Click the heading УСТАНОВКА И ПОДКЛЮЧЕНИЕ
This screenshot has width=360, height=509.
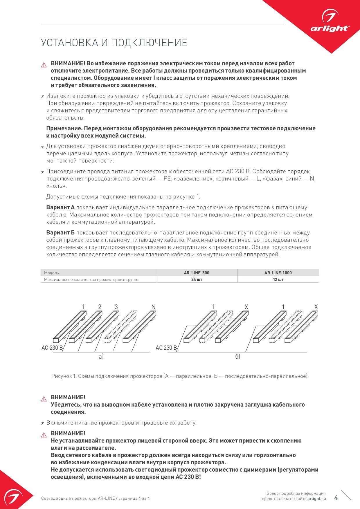114,43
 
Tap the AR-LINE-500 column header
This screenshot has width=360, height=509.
197,273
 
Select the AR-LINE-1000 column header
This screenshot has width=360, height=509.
278,273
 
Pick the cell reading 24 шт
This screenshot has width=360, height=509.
197,279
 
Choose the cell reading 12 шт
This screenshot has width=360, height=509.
278,279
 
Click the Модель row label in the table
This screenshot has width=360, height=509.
51,273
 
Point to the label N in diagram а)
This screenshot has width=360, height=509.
154,307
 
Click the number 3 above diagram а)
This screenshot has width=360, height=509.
116,307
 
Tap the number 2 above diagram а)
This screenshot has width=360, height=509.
100,307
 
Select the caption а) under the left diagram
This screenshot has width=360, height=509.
101,357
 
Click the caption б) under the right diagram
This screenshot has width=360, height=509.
237,357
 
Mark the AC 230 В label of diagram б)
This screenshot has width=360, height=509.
166,348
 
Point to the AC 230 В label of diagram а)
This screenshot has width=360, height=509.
52,348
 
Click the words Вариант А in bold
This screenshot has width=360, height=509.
60,207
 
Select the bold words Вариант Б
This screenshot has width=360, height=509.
60,233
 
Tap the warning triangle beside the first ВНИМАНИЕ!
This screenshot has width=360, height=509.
44,65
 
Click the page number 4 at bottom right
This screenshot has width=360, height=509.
336,498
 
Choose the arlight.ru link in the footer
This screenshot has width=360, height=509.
316,499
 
